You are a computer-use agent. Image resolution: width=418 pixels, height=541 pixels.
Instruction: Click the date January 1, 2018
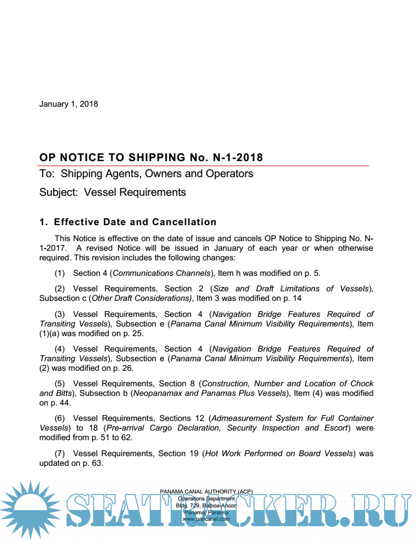[x=68, y=104]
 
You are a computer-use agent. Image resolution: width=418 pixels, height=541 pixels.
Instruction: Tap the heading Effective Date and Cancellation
[x=135, y=222]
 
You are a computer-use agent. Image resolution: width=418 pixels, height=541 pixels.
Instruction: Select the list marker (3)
[x=60, y=314]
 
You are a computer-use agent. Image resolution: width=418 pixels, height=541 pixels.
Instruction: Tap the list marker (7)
[x=60, y=454]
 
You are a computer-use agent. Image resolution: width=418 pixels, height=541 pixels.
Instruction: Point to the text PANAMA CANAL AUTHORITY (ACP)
[x=206, y=491]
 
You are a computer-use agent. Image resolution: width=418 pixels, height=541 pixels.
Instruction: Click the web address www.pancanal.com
[x=206, y=519]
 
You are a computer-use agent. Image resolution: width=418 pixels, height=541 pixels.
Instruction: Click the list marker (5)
[x=60, y=384]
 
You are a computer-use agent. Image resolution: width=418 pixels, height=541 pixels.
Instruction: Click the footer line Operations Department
[x=206, y=498]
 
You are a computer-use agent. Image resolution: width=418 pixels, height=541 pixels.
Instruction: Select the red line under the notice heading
[x=203, y=165]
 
